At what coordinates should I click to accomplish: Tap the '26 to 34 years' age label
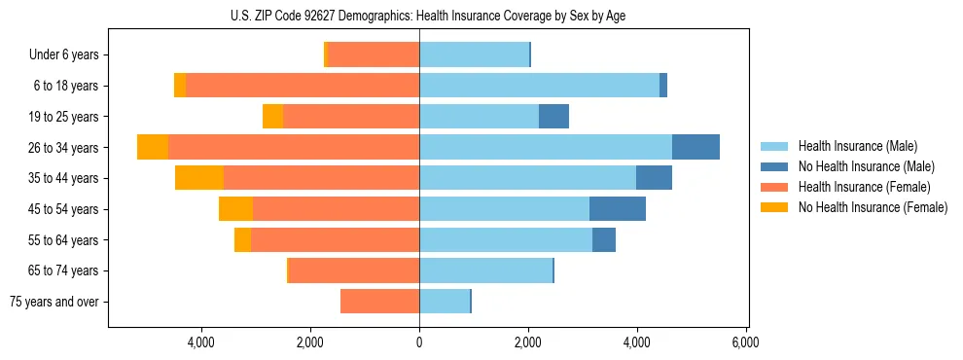tap(63, 148)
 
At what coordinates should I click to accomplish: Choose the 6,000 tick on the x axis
tap(746, 342)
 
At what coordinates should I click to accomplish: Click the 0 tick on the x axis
tap(419, 342)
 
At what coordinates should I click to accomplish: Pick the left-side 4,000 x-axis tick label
tap(201, 342)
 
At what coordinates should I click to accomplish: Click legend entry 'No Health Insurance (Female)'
tap(873, 207)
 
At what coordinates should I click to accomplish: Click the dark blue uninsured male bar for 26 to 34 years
tap(695, 147)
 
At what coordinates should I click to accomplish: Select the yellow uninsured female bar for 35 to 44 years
tap(199, 178)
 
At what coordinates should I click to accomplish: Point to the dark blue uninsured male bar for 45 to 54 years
tap(618, 209)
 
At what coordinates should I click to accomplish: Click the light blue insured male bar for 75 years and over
tap(445, 302)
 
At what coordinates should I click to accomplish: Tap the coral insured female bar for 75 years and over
tap(379, 302)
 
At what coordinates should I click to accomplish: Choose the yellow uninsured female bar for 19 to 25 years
tap(272, 117)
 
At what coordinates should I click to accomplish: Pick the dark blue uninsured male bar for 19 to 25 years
tap(553, 117)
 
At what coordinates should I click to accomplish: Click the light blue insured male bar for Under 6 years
tap(474, 55)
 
